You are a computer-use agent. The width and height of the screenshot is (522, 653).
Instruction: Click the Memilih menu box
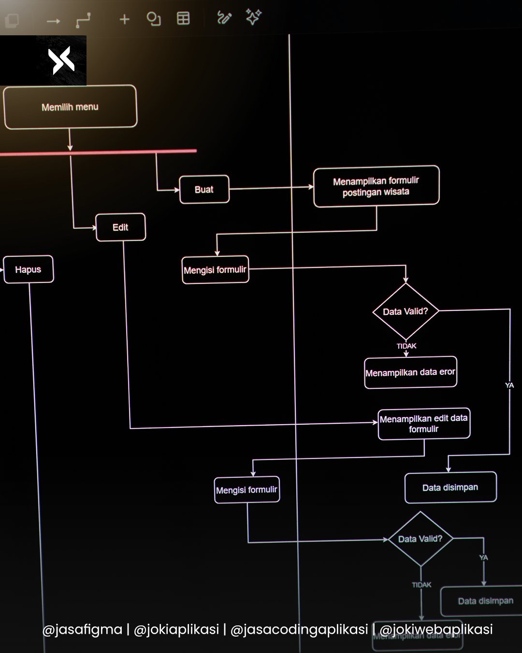(70, 107)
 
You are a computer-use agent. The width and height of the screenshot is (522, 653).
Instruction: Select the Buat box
(204, 190)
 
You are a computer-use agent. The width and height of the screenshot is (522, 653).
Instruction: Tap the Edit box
(120, 227)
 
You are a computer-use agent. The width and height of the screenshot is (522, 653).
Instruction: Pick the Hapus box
(28, 269)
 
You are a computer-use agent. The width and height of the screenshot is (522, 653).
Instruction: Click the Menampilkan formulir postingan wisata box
(376, 186)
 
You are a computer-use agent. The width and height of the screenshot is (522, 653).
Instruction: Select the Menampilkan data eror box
(410, 372)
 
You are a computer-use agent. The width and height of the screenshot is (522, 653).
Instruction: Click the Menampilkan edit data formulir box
(424, 424)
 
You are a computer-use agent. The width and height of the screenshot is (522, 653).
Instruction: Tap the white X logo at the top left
(61, 61)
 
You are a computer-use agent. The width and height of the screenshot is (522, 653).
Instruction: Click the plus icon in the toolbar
(124, 19)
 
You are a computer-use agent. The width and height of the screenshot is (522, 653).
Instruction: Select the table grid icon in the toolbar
(183, 18)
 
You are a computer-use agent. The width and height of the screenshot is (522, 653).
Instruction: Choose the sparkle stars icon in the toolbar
(253, 17)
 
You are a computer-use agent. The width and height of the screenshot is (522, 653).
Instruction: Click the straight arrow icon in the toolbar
(53, 21)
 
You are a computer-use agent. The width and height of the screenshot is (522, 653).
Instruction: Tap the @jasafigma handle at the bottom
(82, 629)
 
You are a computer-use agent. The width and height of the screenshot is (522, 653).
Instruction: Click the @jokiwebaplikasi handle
(436, 629)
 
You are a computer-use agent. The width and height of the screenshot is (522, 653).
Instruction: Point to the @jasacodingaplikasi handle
(299, 629)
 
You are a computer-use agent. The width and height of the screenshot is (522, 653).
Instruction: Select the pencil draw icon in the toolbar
(224, 18)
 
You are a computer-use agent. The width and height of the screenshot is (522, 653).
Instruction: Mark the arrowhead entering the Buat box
(176, 190)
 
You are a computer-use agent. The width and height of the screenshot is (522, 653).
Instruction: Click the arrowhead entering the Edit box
(93, 227)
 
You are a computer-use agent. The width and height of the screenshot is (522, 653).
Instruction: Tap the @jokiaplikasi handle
(176, 629)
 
